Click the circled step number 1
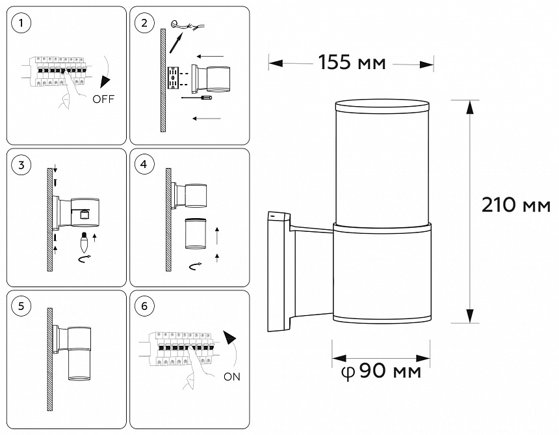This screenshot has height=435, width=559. [22, 23]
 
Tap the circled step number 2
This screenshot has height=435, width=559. [144, 23]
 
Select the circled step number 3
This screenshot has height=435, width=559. [22, 165]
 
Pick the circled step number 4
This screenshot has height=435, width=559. [144, 165]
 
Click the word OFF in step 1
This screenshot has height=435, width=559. [104, 100]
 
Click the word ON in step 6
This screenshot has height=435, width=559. [231, 376]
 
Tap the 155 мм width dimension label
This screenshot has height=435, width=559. [352, 63]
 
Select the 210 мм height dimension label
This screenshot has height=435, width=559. [516, 205]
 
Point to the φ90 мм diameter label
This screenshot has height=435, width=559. [381, 372]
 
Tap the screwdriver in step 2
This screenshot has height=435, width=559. [198, 98]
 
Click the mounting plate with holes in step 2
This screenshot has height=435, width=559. [174, 79]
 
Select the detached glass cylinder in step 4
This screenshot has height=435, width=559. [196, 234]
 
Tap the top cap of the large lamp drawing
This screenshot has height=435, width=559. [382, 106]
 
